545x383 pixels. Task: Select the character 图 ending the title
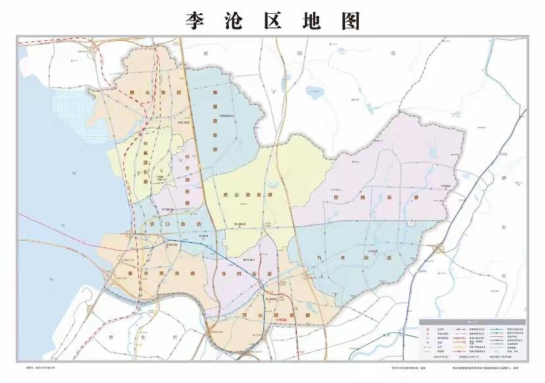(351, 20)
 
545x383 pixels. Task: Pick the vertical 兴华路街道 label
(187, 178)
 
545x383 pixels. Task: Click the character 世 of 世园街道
(357, 198)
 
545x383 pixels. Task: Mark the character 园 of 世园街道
(377, 198)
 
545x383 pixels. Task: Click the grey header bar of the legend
(473, 321)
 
